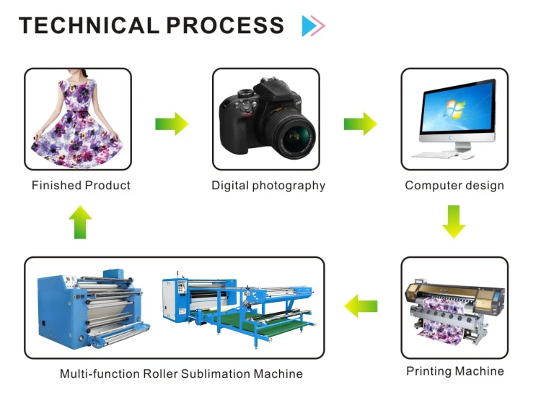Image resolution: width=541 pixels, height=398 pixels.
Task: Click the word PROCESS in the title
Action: coord(225,25)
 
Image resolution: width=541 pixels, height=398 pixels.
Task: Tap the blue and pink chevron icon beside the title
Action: coord(313,26)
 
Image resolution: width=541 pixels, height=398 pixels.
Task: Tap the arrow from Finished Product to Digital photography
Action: coord(172,124)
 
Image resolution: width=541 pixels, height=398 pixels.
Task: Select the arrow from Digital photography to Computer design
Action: coord(360,124)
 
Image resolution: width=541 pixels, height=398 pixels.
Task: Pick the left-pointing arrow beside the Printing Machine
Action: coord(361,306)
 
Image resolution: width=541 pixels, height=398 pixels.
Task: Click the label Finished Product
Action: coord(81,186)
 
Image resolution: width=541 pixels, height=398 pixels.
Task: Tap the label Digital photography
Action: coord(268,186)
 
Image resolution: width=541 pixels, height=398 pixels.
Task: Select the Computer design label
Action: coord(454,186)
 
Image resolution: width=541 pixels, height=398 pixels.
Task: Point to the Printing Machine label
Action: coord(455,371)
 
